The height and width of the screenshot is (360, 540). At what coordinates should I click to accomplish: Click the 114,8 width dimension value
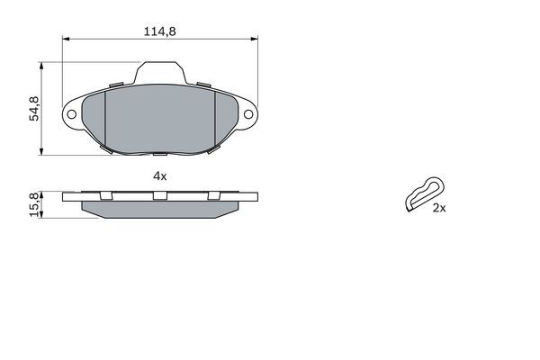(159, 31)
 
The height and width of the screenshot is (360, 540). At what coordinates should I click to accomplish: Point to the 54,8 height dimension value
(34, 108)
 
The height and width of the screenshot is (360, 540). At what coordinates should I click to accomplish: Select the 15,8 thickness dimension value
(34, 205)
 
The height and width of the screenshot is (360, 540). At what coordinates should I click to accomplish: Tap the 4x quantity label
(159, 176)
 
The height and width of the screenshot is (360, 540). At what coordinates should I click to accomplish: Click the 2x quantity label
(439, 207)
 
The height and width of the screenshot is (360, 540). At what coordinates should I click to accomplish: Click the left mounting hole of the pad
(72, 114)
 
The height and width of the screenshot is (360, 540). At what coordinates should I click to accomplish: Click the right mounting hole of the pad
(248, 114)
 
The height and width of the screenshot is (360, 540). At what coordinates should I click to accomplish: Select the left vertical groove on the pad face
(106, 119)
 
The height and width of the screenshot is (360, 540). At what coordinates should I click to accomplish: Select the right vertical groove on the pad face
(216, 119)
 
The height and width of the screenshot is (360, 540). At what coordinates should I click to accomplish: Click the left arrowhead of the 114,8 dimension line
(66, 40)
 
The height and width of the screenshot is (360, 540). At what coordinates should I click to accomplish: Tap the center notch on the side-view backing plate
(160, 195)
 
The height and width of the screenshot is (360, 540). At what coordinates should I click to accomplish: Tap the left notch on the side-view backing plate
(104, 195)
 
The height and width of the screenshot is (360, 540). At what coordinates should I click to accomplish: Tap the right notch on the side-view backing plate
(214, 195)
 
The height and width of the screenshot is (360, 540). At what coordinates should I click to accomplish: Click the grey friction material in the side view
(160, 208)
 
